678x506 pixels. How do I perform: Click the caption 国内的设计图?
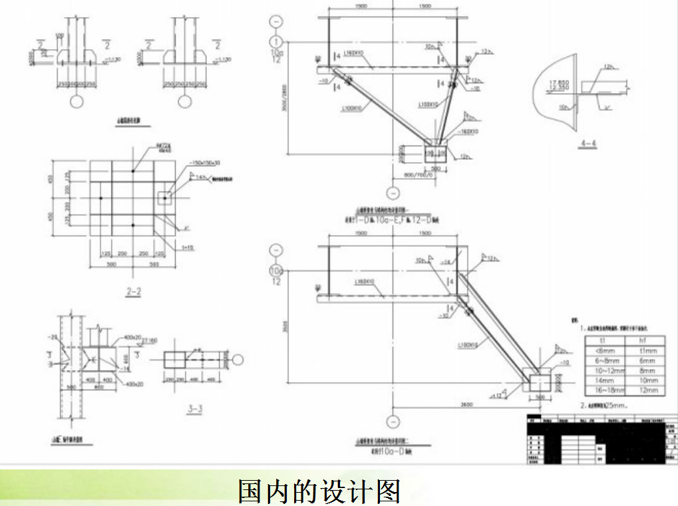click(x=319, y=490)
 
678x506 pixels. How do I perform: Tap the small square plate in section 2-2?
click(x=164, y=197)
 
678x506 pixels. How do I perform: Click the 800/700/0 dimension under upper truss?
click(x=417, y=175)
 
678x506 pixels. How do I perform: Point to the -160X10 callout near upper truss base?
click(x=468, y=132)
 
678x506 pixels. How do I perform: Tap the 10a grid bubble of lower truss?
click(x=275, y=271)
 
